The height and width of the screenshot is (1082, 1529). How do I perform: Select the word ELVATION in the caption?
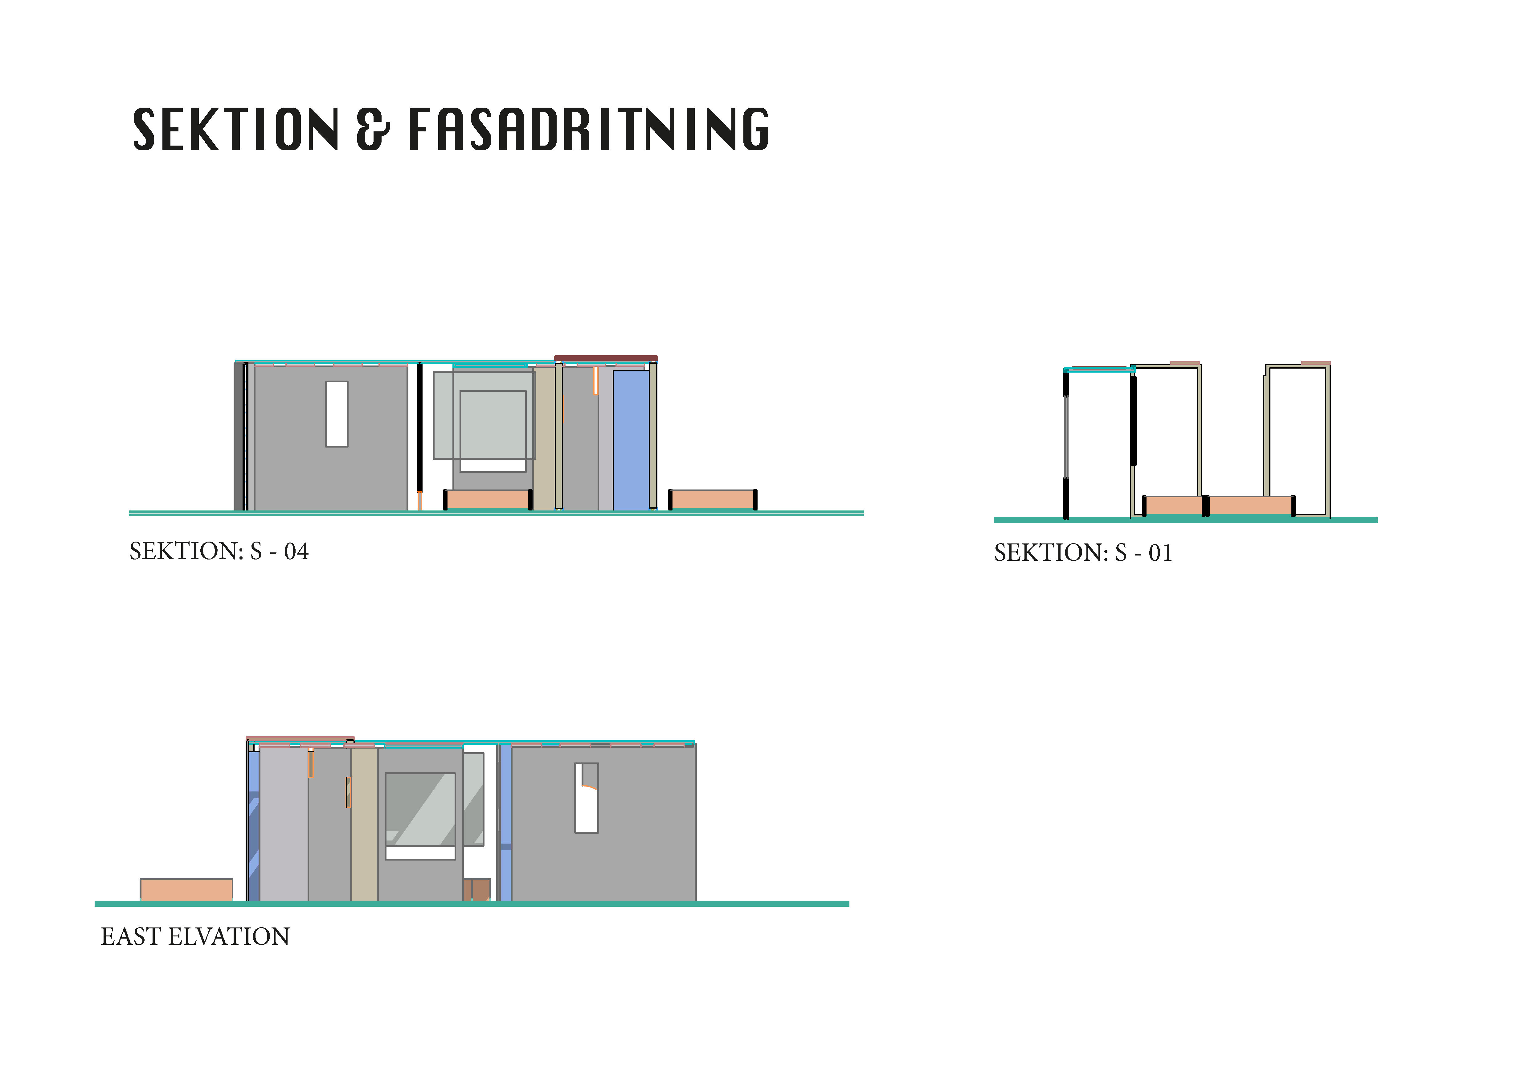(x=229, y=937)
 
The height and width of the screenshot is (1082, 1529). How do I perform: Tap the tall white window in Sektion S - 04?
(x=336, y=414)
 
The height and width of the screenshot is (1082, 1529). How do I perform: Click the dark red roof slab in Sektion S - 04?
(x=605, y=358)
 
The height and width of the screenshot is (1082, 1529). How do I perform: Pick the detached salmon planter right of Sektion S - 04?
(x=712, y=499)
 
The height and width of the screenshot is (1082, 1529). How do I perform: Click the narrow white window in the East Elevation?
(x=586, y=798)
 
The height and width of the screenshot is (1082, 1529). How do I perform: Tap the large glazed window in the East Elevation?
(x=420, y=810)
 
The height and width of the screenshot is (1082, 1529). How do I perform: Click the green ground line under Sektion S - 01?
(x=1185, y=520)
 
